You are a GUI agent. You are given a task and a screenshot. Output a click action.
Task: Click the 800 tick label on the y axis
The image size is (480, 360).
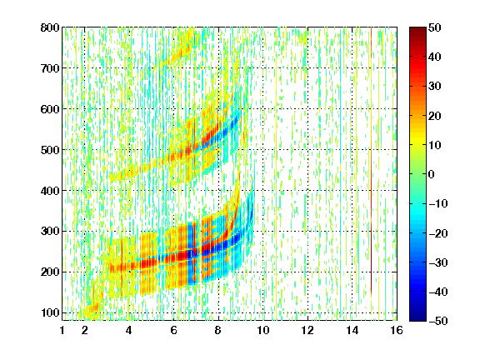pos(50,27)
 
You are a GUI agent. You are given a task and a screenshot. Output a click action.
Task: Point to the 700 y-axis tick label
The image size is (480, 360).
pos(50,68)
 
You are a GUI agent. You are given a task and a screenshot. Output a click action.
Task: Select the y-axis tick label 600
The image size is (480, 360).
pos(50,109)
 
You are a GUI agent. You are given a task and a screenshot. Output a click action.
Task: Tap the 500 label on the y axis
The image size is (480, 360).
pos(50,150)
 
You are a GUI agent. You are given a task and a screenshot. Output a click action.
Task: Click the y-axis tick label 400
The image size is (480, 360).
pos(50,191)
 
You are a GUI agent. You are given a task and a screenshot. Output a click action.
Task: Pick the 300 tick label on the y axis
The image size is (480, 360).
pos(50,232)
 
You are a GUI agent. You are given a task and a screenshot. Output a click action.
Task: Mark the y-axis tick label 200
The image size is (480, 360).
pos(50,272)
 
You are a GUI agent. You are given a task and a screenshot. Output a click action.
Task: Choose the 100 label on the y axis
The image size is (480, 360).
pos(50,312)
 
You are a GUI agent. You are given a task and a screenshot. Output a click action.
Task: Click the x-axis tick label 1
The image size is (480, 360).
pos(62,330)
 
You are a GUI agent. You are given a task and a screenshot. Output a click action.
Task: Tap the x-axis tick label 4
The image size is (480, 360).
pos(129,330)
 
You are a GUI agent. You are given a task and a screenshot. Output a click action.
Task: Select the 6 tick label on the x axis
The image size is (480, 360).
pos(173,330)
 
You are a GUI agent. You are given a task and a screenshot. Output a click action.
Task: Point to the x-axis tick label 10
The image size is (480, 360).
pos(263,330)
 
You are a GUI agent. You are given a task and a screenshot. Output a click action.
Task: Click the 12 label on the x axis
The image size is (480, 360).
pos(307,330)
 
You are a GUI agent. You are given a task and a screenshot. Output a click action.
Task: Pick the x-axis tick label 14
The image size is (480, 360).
pos(352,330)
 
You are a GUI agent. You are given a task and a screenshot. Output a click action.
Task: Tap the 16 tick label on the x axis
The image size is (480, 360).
pos(397,330)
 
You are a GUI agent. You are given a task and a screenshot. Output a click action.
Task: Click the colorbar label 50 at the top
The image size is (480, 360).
pos(435,27)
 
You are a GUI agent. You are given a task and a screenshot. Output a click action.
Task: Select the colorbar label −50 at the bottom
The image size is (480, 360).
pos(438,321)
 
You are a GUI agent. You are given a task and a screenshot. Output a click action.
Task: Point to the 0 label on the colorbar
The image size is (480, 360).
pos(432,174)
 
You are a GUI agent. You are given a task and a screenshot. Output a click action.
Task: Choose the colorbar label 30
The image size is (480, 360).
pos(435,87)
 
